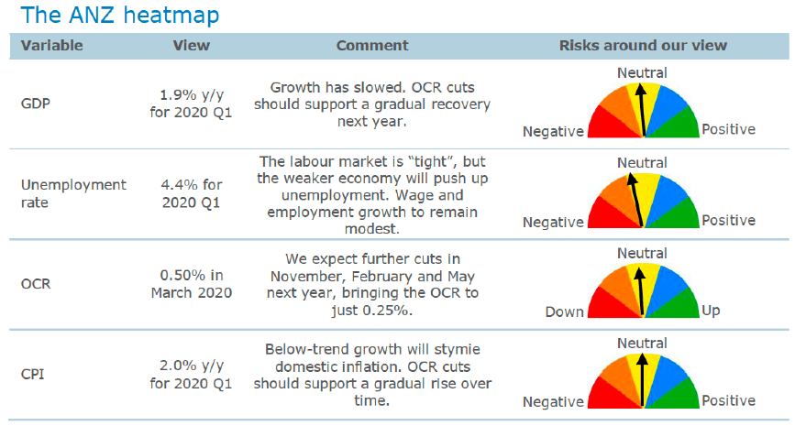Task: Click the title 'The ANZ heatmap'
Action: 119,16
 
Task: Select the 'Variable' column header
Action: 51,46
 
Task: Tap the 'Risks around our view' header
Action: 643,46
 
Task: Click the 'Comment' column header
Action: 372,46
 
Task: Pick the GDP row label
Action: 36,104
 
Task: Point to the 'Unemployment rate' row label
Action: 73,193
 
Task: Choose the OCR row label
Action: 36,284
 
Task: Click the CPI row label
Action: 32,374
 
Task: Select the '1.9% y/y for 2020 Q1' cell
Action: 191,104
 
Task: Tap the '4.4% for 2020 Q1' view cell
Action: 191,193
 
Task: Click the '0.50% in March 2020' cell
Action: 191,284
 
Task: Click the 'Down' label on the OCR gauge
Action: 564,311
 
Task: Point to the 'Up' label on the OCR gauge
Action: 711,310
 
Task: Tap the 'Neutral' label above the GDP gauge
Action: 642,73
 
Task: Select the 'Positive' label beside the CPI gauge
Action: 729,400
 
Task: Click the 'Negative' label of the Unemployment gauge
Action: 553,222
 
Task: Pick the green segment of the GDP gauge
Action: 679,126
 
